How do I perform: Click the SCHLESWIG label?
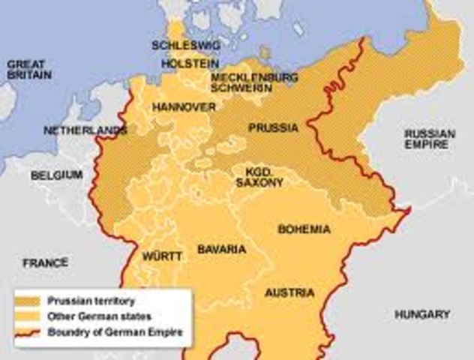pos(180,45)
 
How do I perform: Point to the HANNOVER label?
pos(184,108)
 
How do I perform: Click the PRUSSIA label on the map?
pos(272,127)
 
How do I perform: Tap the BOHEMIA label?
pos(304,228)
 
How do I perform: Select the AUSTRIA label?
pos(289,292)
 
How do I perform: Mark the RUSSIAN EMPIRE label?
pos(429,139)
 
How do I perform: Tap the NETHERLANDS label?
pos(84,130)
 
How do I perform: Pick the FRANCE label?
pos(45,262)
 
